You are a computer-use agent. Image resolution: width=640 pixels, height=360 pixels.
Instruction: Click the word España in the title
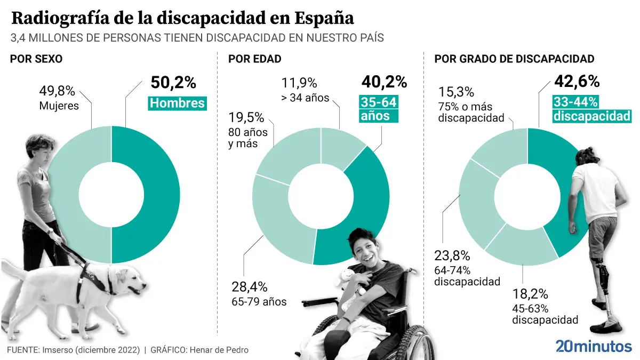point(324,18)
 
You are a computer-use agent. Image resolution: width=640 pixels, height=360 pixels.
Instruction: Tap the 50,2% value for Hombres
point(173,83)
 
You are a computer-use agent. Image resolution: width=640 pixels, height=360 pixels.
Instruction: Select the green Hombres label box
point(178,103)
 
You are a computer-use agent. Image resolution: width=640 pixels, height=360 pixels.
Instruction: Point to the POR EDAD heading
point(254,59)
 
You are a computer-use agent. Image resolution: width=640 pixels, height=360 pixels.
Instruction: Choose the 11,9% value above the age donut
point(299,83)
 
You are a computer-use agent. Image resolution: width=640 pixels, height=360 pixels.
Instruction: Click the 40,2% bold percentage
point(384,82)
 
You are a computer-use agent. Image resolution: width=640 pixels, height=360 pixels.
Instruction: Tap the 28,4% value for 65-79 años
point(249,286)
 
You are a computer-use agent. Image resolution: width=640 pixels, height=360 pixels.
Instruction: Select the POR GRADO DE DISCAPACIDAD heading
point(514,59)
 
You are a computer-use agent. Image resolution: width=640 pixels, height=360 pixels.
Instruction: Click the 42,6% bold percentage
point(577,82)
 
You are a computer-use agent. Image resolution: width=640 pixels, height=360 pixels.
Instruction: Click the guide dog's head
point(128,278)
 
